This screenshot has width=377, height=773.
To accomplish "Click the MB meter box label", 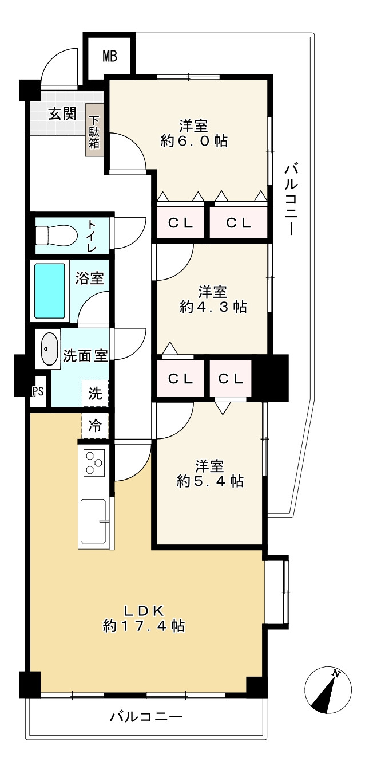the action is (110, 56).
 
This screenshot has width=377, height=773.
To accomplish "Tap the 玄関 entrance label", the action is (62, 113).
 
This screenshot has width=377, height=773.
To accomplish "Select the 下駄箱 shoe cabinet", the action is (94, 131).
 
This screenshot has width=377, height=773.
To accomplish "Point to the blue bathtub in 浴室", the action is (50, 291).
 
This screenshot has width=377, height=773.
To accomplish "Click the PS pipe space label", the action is (38, 391).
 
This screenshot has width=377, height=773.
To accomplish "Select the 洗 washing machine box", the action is (95, 394).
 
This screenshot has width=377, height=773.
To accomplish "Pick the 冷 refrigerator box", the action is (95, 426).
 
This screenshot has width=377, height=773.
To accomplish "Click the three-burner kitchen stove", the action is (94, 462).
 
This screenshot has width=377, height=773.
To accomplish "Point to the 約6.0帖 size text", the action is (194, 141).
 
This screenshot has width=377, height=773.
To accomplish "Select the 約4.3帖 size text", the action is (213, 307).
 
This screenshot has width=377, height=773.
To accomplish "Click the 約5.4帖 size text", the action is (210, 481).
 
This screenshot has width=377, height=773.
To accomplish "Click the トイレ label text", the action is (92, 236).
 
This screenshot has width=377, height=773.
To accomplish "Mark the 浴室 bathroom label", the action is (90, 278).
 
